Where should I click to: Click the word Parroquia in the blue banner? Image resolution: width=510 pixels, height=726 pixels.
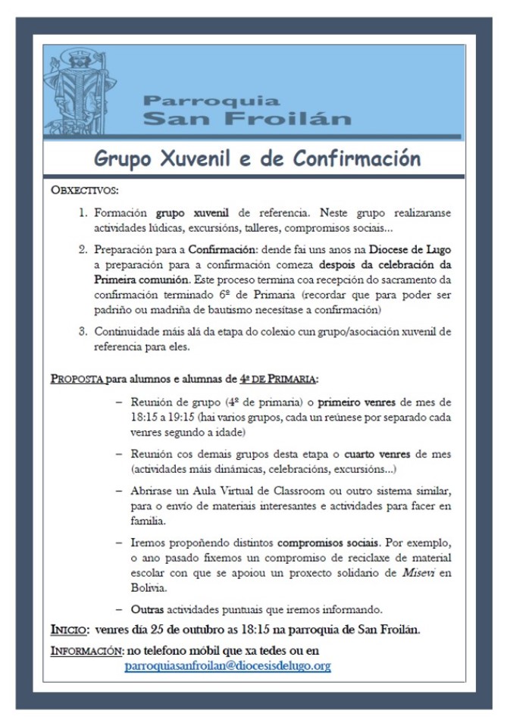coord(211,101)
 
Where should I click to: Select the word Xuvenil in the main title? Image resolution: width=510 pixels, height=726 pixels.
coord(196,159)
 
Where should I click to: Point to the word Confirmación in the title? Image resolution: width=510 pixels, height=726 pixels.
coord(356,159)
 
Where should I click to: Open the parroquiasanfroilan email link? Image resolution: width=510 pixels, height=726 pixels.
coord(227,666)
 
